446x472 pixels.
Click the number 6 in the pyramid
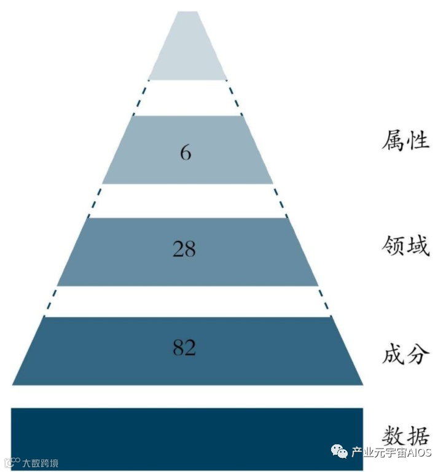click(x=186, y=151)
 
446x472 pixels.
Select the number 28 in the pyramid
click(x=184, y=250)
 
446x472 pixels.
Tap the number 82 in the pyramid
click(x=184, y=348)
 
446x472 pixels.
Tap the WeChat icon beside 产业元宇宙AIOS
click(x=340, y=453)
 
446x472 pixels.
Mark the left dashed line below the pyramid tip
click(x=141, y=97)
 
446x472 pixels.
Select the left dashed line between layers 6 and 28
click(x=95, y=200)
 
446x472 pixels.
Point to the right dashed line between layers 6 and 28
click(x=280, y=200)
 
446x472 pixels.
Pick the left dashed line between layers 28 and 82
click(x=50, y=301)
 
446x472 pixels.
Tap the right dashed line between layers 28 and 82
click(x=324, y=301)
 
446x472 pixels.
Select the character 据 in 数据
click(x=418, y=436)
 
